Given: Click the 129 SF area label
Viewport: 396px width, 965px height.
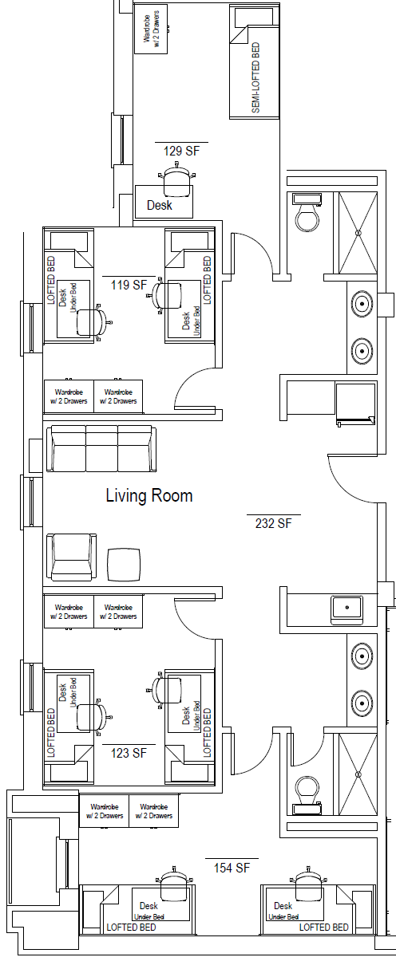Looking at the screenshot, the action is (x=181, y=152).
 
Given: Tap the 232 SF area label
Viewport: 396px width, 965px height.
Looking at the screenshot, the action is (x=274, y=523).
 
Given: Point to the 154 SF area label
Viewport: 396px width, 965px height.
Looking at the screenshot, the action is (x=232, y=868).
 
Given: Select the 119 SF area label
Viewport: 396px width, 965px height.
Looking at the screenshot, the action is (x=129, y=285).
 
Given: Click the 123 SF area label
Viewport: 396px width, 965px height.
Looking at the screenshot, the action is (x=129, y=753).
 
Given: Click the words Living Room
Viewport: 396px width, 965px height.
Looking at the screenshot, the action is (x=149, y=496).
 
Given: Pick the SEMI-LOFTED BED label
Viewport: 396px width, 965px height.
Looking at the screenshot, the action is (x=255, y=77).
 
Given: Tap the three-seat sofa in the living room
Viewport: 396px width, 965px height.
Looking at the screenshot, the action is (x=101, y=448).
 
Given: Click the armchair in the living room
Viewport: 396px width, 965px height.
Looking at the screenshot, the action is (x=71, y=557).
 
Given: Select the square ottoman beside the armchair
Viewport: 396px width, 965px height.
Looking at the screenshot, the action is (x=124, y=565).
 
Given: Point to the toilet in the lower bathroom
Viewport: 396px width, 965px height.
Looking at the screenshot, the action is (x=307, y=796).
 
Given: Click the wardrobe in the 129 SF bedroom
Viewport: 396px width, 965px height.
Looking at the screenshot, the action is (x=151, y=29).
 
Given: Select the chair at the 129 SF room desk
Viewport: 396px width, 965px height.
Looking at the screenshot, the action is (x=177, y=179).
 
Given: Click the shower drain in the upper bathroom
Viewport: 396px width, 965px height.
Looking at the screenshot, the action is (x=358, y=233).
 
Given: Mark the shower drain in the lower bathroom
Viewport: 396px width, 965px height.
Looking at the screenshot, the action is (x=358, y=774).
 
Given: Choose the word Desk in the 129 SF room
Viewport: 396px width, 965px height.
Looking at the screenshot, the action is (x=160, y=205).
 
